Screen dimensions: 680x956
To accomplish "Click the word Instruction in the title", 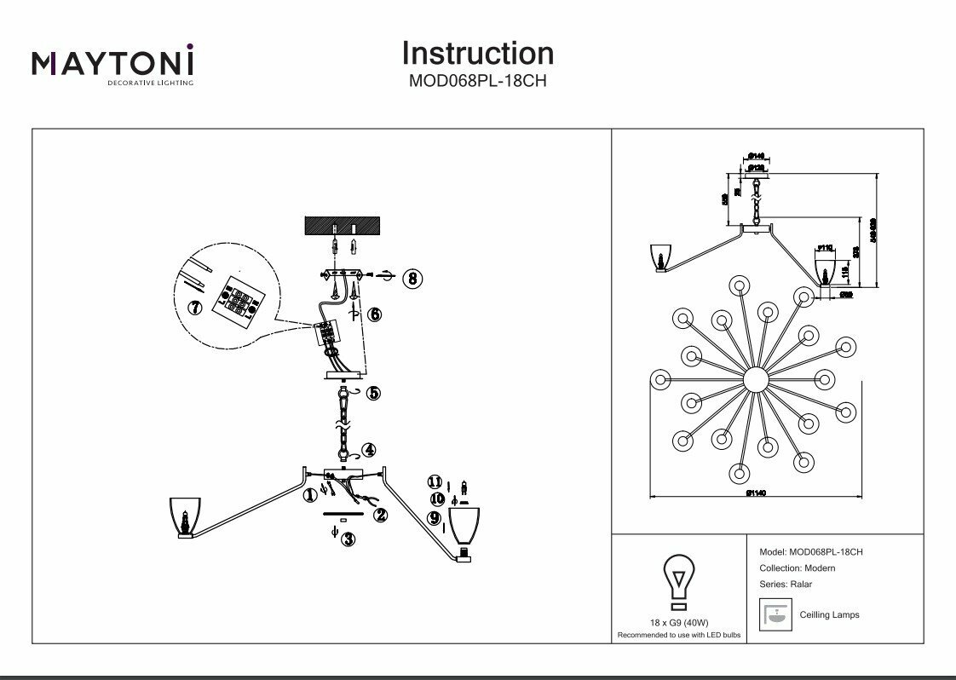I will pos(477,54).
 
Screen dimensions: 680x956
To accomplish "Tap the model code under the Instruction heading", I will pos(477,83).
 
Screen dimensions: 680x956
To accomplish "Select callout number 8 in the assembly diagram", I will pos(412,278).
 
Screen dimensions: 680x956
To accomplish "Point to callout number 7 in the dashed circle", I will pos(195,306).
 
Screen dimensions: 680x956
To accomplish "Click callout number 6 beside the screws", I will pos(374,314).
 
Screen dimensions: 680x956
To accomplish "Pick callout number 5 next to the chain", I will pos(373,394).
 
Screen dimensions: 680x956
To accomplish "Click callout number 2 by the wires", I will pos(380,514).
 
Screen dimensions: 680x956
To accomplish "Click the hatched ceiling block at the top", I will pos(343,226).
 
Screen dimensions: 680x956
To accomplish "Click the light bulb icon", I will pos(678,580).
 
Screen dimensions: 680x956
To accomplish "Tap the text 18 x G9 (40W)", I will pos(678,623).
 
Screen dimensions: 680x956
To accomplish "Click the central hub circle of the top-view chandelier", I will pos(755,380).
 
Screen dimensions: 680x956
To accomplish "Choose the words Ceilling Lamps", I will pos(829,614).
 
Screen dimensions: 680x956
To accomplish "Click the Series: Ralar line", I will pos(785,585).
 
